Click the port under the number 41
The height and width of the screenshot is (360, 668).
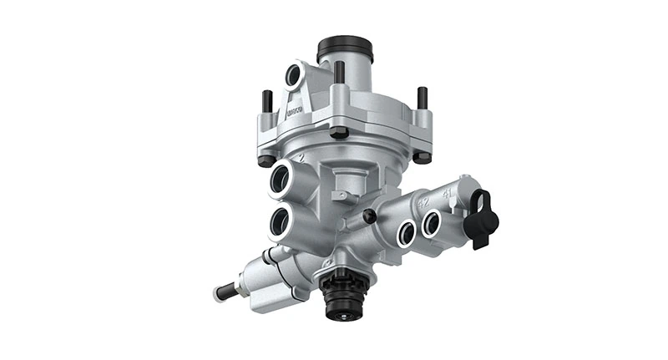[431, 223]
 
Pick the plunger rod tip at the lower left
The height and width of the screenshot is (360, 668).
[223, 294]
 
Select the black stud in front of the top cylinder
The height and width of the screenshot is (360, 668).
[340, 74]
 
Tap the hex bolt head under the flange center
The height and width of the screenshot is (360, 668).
[339, 133]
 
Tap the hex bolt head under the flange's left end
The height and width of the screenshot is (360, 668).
[266, 160]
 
